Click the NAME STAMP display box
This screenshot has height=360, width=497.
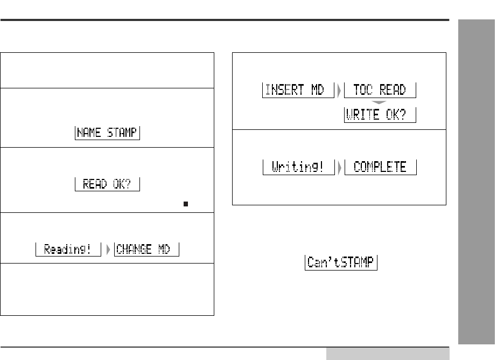coord(107,133)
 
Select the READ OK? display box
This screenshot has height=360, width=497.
coord(107,184)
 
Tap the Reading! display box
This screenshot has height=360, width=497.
coord(68,250)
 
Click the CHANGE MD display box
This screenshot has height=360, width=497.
coord(146,250)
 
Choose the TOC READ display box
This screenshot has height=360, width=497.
coord(380,90)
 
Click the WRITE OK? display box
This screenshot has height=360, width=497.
coord(380,115)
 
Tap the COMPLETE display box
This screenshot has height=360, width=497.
coord(380,167)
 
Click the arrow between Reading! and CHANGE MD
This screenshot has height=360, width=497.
coord(108,250)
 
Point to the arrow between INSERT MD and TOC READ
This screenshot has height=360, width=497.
coord(338,90)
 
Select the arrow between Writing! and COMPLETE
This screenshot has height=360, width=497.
coord(338,167)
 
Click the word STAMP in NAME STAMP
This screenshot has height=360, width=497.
coord(121,133)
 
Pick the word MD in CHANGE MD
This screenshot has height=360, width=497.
coord(166,250)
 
